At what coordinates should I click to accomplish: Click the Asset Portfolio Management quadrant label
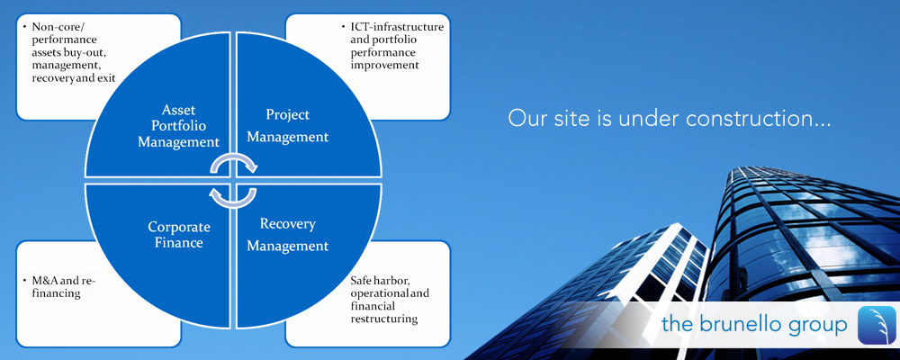click(x=179, y=126)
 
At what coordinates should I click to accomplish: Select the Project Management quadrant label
click(x=288, y=126)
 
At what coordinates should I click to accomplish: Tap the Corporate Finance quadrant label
click(x=179, y=234)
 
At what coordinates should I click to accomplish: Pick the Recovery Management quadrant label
click(x=288, y=234)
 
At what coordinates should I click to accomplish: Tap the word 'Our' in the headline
click(x=525, y=118)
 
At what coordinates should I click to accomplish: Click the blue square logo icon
click(x=877, y=324)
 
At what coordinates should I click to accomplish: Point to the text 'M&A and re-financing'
click(x=59, y=286)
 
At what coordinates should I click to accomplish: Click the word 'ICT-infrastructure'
click(x=397, y=27)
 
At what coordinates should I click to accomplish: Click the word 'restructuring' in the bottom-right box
click(x=384, y=319)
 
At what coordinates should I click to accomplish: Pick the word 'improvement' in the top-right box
click(x=384, y=65)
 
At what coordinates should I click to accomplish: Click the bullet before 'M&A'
click(x=25, y=281)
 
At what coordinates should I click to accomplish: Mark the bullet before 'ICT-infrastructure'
click(x=343, y=27)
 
